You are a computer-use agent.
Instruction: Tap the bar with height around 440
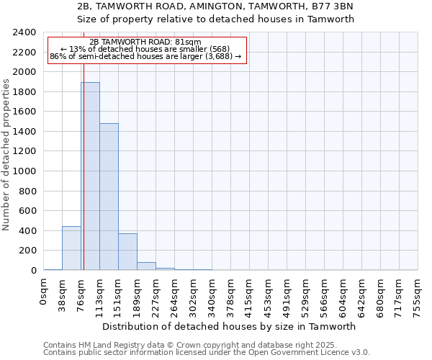pyautogui.click(x=71, y=248)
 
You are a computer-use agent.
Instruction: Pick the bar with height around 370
pyautogui.click(x=127, y=252)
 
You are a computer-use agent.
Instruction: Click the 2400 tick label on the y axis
pyautogui.click(x=24, y=32)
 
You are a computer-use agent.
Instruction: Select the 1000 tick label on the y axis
pyautogui.click(x=24, y=171)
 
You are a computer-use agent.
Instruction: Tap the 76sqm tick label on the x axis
pyautogui.click(x=81, y=293)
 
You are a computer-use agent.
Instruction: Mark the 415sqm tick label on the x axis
pyautogui.click(x=250, y=295)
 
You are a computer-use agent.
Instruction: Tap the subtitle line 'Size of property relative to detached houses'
pyautogui.click(x=215, y=19)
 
